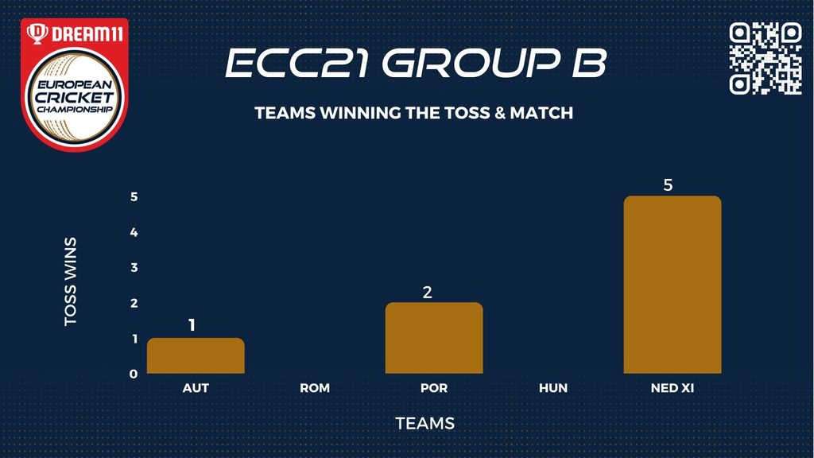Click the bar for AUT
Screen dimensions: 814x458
[x=196, y=355]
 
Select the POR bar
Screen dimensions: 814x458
[x=434, y=338]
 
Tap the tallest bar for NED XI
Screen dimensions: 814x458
[x=673, y=285]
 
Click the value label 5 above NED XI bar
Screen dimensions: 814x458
[x=668, y=184]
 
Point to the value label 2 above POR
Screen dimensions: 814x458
[x=427, y=293]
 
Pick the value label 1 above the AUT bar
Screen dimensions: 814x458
[x=192, y=325]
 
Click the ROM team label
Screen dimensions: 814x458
[x=315, y=388]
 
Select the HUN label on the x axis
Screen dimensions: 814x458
[x=553, y=388]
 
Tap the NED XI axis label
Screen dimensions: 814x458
[x=673, y=388]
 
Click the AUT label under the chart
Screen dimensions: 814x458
[x=196, y=388]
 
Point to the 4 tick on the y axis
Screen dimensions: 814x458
[x=134, y=232]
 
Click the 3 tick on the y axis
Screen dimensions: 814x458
[x=134, y=267]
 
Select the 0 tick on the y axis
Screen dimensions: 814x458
[x=134, y=374]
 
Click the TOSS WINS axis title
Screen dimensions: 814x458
[x=70, y=282]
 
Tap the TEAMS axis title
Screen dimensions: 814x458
[x=425, y=424]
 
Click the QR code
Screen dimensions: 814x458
[x=766, y=58]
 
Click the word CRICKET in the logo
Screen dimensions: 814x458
[x=75, y=97]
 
